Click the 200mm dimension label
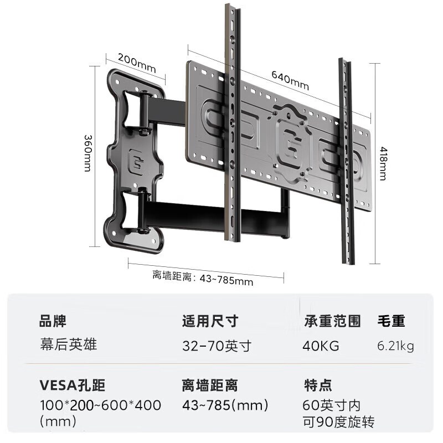(x=137, y=63)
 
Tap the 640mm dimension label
(x=290, y=80)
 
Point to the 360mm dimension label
(x=88, y=153)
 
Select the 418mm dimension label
(x=383, y=163)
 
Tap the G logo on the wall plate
(x=137, y=161)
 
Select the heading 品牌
(x=53, y=321)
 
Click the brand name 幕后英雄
(x=68, y=344)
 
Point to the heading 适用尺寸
(x=210, y=321)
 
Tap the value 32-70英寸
(x=217, y=346)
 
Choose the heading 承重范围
(x=333, y=321)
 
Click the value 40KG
(x=321, y=346)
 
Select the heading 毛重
(x=392, y=321)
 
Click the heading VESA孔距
(x=73, y=385)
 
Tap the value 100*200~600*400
(x=101, y=405)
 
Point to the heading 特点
(x=318, y=385)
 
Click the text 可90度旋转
(x=339, y=422)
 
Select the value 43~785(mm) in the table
(x=225, y=405)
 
